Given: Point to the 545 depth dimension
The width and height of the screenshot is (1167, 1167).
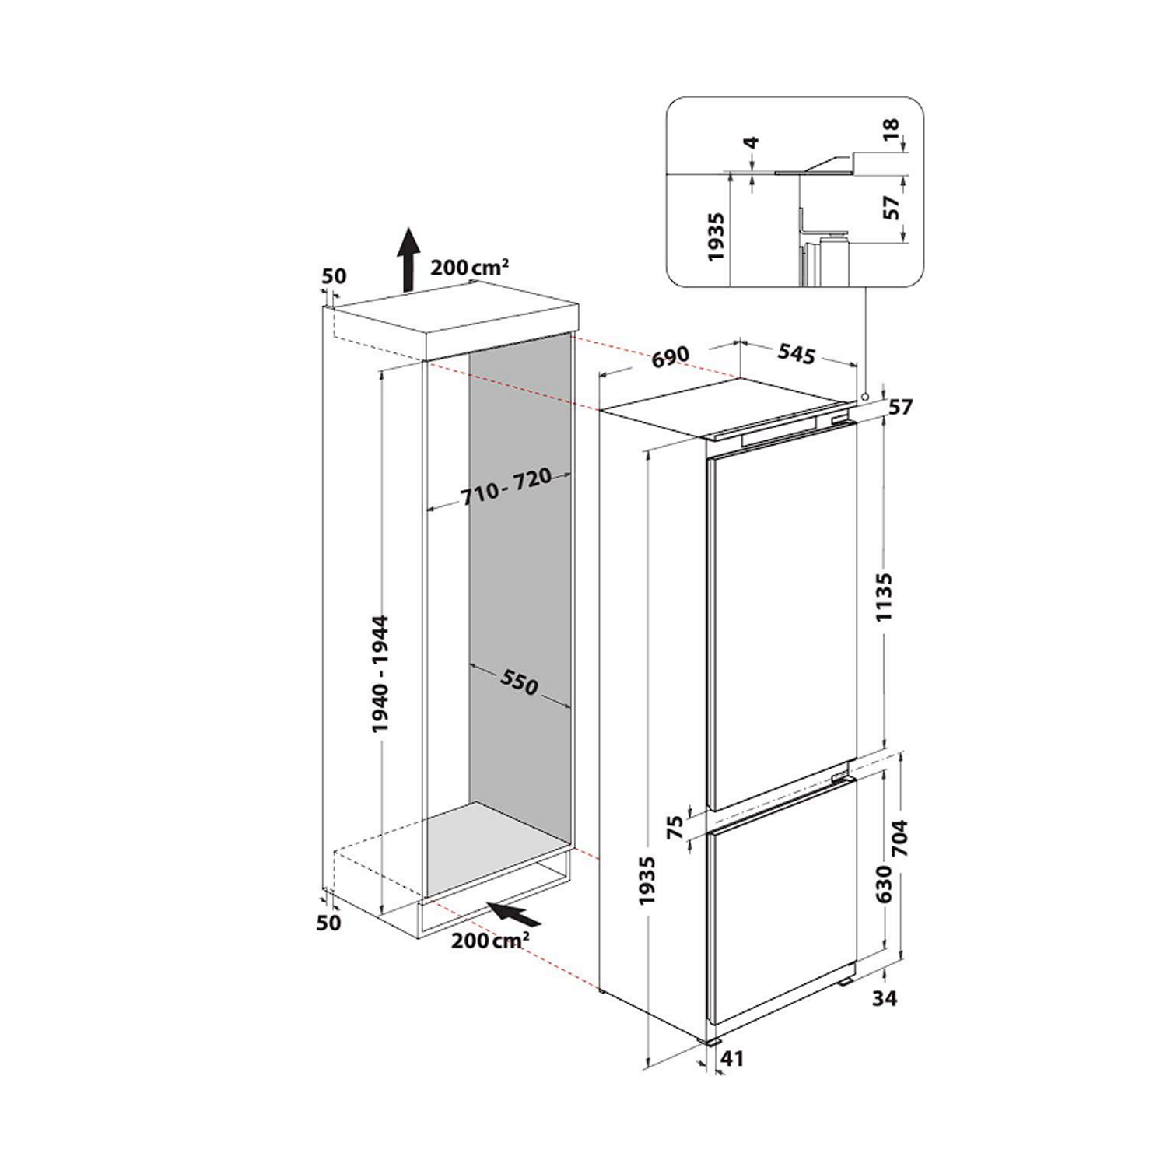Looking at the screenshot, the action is (x=796, y=354).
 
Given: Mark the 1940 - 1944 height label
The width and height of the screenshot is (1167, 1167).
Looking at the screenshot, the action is (x=380, y=674).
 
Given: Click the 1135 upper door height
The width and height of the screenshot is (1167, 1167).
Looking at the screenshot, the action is (x=885, y=596).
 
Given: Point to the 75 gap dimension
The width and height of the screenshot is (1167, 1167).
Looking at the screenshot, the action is (x=675, y=826).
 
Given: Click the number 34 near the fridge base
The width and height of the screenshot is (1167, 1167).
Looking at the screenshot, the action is (x=885, y=997).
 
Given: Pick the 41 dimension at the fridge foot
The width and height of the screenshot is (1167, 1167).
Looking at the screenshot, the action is (x=733, y=1059).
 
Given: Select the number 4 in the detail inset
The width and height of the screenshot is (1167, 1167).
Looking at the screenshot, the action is (x=752, y=143).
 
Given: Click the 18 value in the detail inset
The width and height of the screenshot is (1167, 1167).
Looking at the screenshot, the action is (x=892, y=126).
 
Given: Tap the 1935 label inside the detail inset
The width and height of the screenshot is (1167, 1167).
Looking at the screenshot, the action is (x=717, y=237).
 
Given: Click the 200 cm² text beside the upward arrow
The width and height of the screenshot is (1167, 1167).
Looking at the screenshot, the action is (x=470, y=267).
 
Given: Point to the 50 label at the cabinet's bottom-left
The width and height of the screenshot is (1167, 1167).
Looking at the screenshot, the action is (x=330, y=923).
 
